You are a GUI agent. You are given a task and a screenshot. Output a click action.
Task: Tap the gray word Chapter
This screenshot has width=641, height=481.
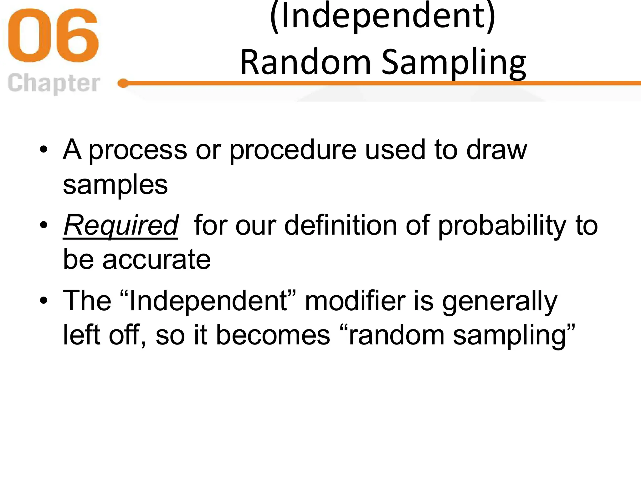(x=54, y=83)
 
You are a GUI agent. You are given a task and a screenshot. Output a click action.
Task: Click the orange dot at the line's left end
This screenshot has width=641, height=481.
(x=123, y=83)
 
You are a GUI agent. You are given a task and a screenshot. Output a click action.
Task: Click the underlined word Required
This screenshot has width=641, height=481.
(x=121, y=225)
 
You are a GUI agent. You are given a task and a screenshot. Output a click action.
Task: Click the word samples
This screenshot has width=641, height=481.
(x=115, y=185)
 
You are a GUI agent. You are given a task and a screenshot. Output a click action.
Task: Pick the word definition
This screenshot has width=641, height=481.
(x=341, y=225)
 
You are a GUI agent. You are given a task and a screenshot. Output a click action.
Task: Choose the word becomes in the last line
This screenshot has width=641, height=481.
(x=273, y=335)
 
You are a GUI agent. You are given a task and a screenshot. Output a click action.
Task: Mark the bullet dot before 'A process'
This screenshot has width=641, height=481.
(x=44, y=149)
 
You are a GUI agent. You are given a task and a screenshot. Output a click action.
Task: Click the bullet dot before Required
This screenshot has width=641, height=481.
(x=44, y=225)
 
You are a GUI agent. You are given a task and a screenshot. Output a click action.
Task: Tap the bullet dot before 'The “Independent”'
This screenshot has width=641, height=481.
(x=44, y=300)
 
